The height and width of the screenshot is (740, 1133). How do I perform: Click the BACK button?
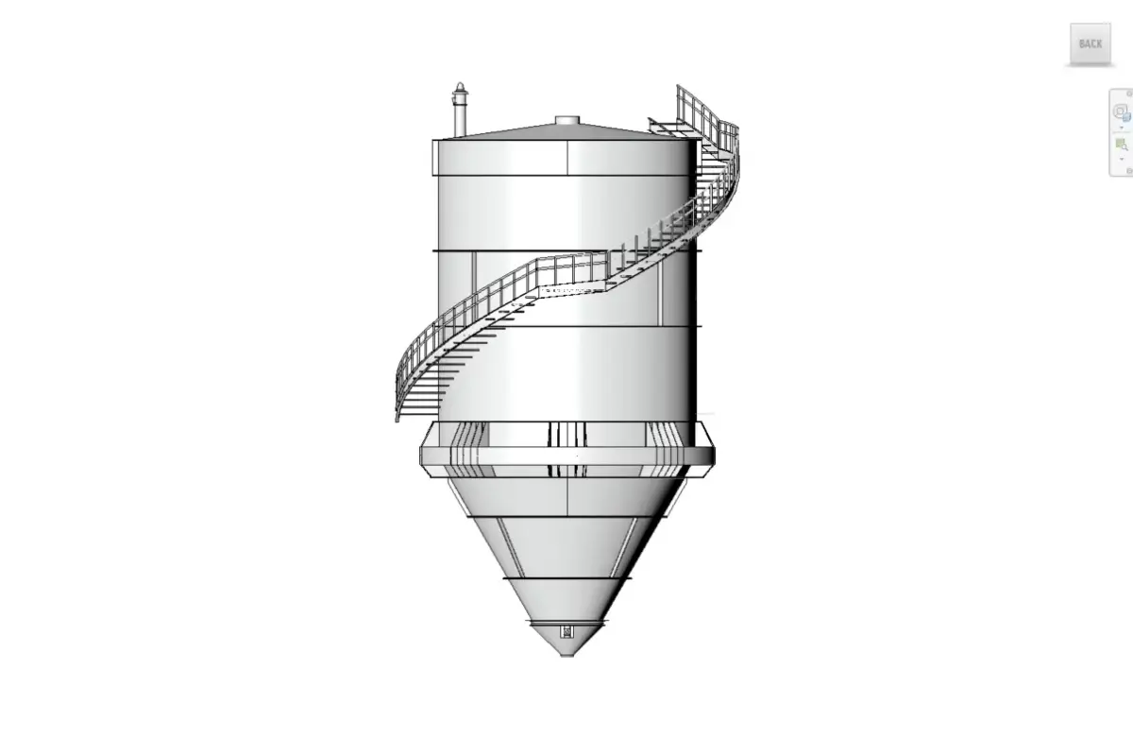(1090, 43)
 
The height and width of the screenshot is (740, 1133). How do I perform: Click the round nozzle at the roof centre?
(566, 120)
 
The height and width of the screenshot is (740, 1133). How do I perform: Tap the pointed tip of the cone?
(566, 654)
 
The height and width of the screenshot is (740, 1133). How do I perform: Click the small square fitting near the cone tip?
(566, 631)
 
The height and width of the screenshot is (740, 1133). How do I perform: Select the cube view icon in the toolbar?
(1122, 111)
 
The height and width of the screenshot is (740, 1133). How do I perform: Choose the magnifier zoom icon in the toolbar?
(1122, 145)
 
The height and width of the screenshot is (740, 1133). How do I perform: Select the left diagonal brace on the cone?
(511, 546)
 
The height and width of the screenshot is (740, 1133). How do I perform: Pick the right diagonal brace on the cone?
(623, 546)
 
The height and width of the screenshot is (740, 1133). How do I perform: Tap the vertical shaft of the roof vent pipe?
(460, 118)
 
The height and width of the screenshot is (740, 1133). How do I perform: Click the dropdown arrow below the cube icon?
(1122, 126)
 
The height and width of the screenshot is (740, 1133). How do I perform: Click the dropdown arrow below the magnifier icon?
(1122, 159)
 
